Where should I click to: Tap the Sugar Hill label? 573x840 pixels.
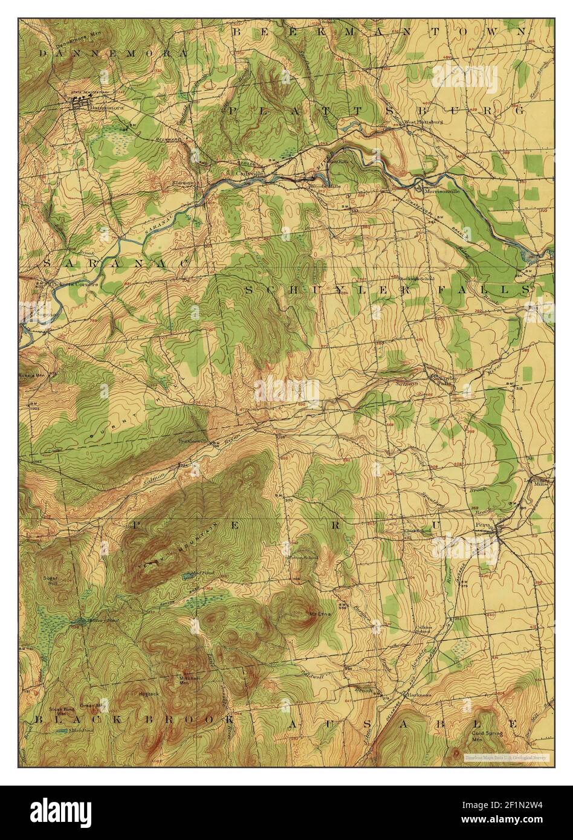[50, 581]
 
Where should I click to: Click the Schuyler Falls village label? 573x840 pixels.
[442, 381]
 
